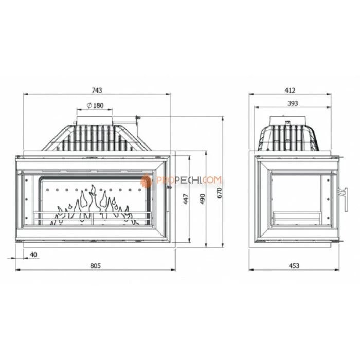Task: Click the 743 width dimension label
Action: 97,90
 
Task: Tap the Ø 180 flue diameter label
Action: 95,105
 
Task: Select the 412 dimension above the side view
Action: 290,90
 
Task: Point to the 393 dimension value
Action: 293,103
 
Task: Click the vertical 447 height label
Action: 186,199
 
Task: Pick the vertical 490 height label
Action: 203,199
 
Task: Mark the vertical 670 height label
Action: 220,193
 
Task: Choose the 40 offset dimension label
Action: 33,255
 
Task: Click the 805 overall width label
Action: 95,266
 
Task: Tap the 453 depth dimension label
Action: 294,266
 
